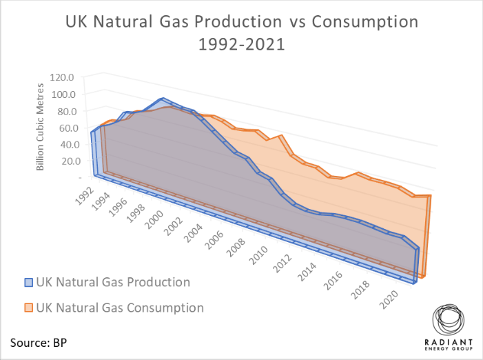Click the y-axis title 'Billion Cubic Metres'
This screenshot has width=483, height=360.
tap(41, 128)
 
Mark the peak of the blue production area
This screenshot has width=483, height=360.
tap(163, 99)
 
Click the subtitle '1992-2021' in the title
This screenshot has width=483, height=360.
tap(241, 46)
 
